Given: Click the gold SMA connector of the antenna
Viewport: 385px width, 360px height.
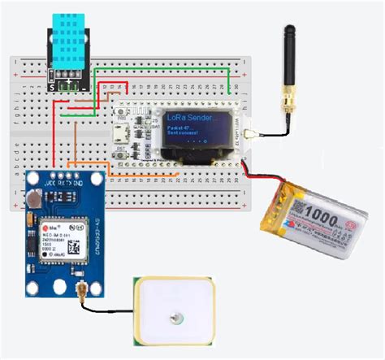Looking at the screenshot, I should [289, 104].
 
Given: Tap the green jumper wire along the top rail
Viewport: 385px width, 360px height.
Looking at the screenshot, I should [162, 70].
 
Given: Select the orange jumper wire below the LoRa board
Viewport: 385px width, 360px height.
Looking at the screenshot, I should [162, 174].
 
